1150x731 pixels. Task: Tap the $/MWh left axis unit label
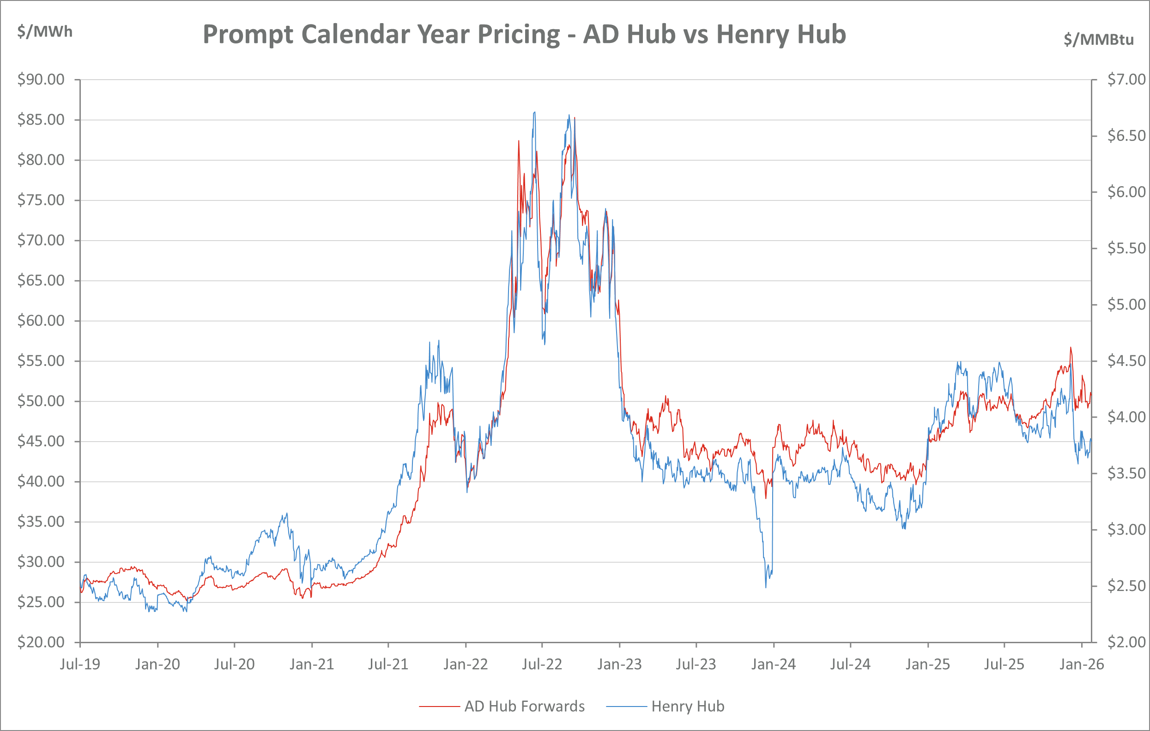click(x=44, y=31)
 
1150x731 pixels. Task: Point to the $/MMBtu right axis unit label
click(x=1098, y=39)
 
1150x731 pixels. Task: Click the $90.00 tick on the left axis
click(x=41, y=79)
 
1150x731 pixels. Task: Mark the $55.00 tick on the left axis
click(x=41, y=361)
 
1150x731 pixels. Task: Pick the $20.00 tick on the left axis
click(x=41, y=642)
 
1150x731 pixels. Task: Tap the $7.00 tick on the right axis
click(x=1126, y=79)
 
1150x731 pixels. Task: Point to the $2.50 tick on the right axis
click(x=1126, y=586)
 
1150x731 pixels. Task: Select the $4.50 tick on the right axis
click(x=1126, y=361)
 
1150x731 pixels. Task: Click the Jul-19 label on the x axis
click(x=80, y=664)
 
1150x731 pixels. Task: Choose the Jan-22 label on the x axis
click(x=466, y=664)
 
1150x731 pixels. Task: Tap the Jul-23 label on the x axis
click(x=696, y=664)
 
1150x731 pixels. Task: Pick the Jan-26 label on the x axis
click(x=1082, y=664)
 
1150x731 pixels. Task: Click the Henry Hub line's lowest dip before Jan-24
click(x=766, y=587)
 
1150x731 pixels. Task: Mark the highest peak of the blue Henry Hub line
click(x=535, y=112)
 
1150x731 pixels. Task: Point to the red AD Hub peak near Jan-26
click(x=1071, y=347)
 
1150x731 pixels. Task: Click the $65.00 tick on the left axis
click(x=41, y=280)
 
